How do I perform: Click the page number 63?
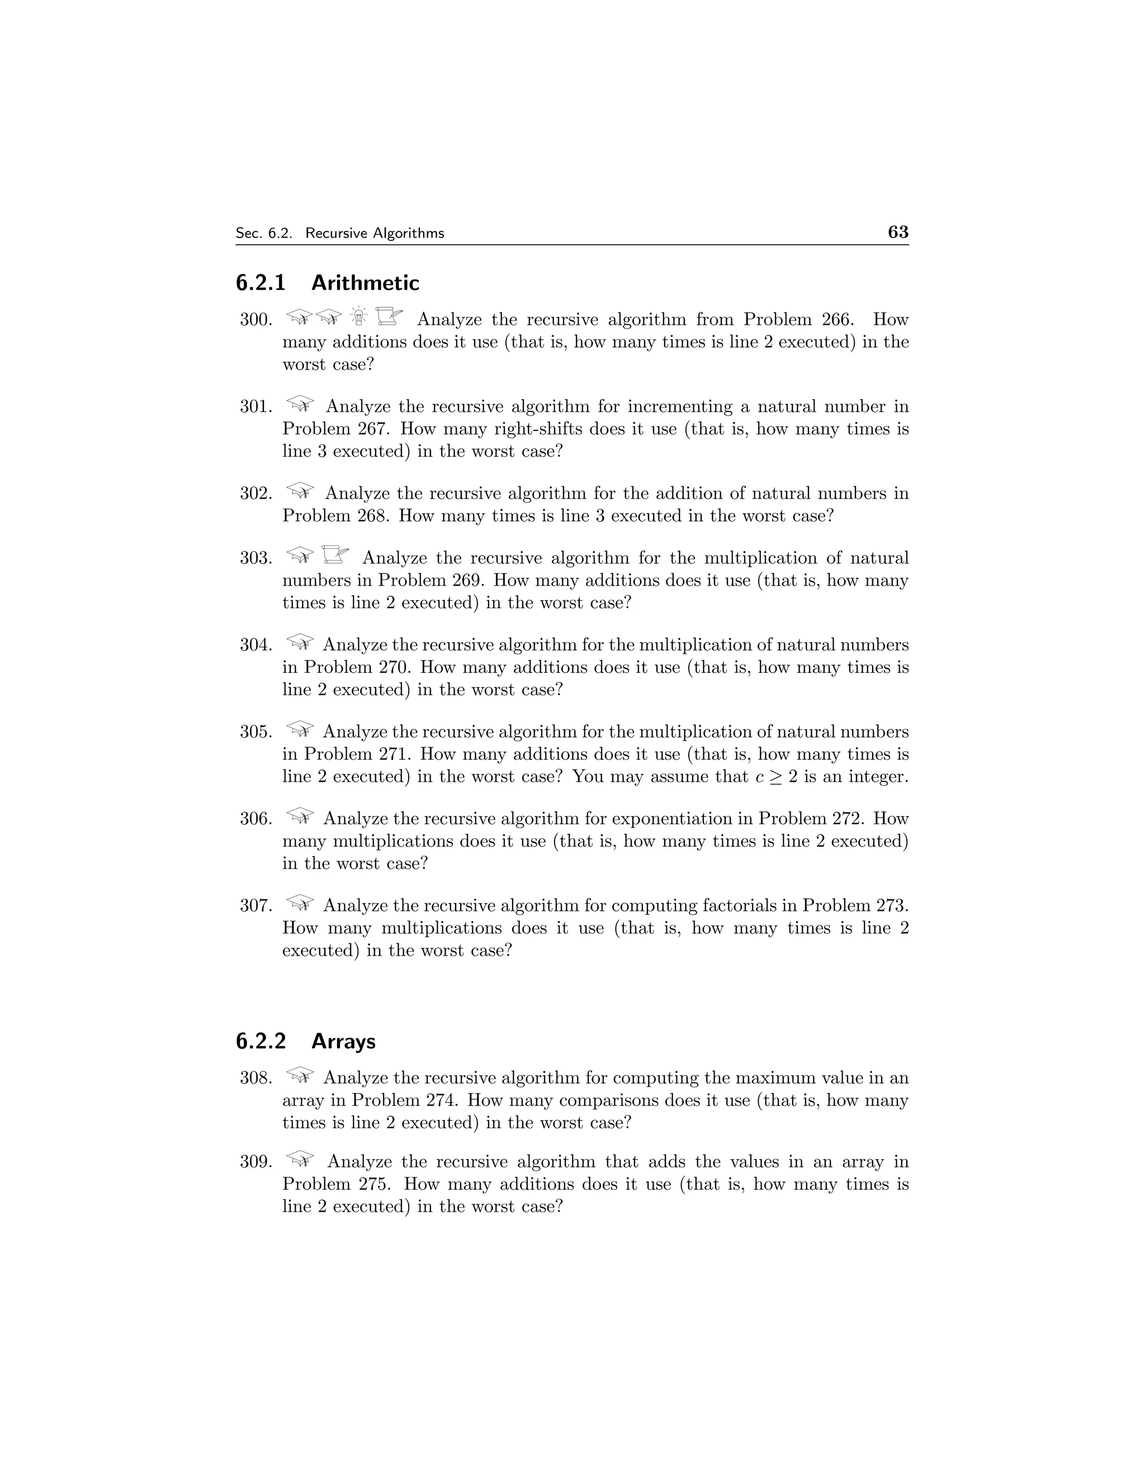[x=897, y=232]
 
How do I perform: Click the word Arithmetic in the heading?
[x=365, y=283]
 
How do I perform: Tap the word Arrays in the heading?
[x=343, y=1041]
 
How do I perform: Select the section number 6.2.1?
[x=261, y=283]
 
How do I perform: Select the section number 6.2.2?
[x=261, y=1041]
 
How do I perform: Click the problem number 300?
[x=256, y=319]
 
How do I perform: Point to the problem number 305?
[x=256, y=732]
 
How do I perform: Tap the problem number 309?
[x=256, y=1162]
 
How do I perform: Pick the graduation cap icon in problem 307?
[x=300, y=903]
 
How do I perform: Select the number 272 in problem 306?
[x=845, y=819]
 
